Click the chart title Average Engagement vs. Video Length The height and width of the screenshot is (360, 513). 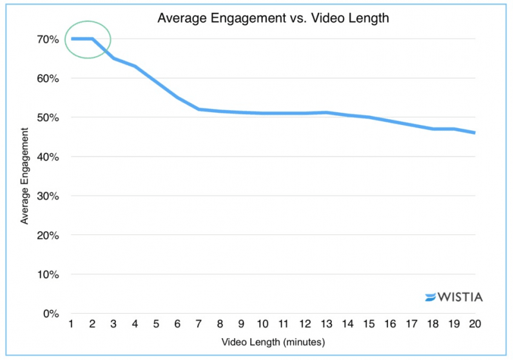point(273,17)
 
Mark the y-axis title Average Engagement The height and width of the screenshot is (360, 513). point(24,176)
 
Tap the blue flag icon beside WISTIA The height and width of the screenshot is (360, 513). point(431,298)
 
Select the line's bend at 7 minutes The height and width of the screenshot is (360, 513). point(199,109)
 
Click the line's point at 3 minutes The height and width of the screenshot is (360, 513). point(114,59)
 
